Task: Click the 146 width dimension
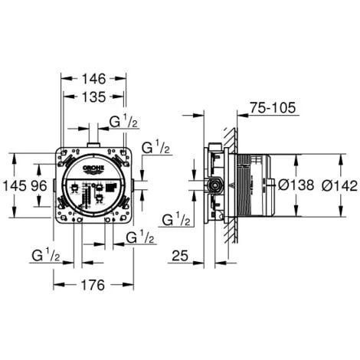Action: [x=93, y=78]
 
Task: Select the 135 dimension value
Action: [x=93, y=97]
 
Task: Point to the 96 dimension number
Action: [x=38, y=185]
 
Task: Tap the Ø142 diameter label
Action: [x=337, y=185]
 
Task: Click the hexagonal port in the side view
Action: [x=217, y=185]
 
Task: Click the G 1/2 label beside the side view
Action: [x=177, y=220]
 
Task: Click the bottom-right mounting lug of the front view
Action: [x=124, y=217]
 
